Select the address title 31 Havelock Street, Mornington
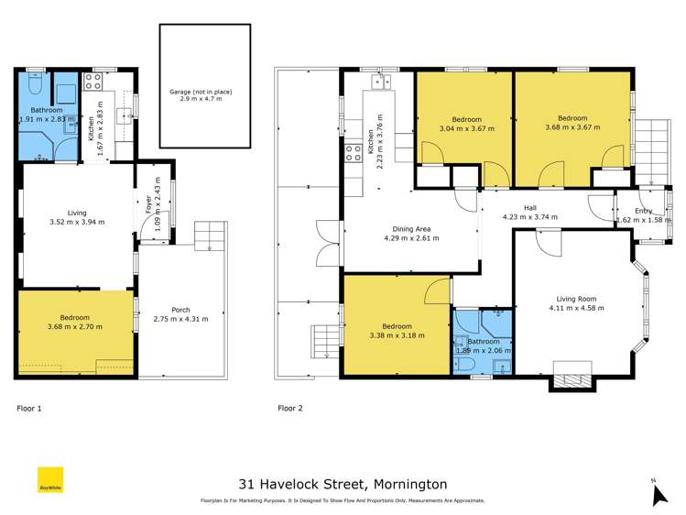343,483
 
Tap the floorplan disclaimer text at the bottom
343,501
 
